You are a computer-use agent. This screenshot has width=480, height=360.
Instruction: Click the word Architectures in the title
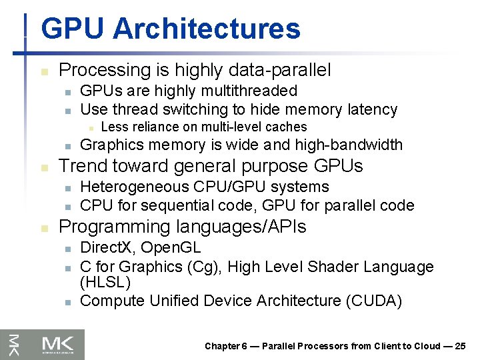pyautogui.click(x=207, y=29)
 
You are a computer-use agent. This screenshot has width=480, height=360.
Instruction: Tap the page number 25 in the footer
pyautogui.click(x=460, y=345)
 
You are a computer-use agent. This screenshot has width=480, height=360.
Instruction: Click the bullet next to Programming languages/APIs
pyautogui.click(x=44, y=227)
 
